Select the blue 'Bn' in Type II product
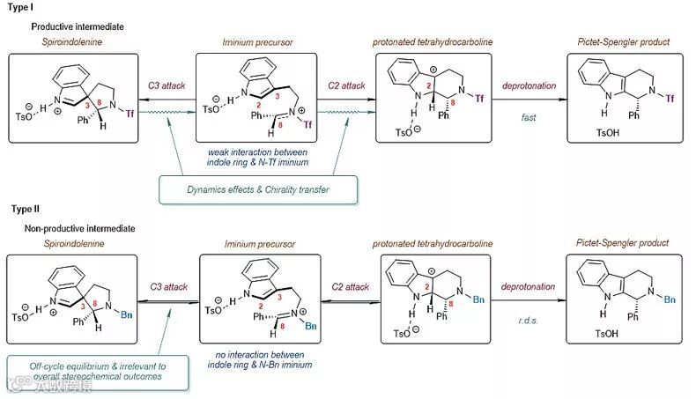[x=670, y=300]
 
